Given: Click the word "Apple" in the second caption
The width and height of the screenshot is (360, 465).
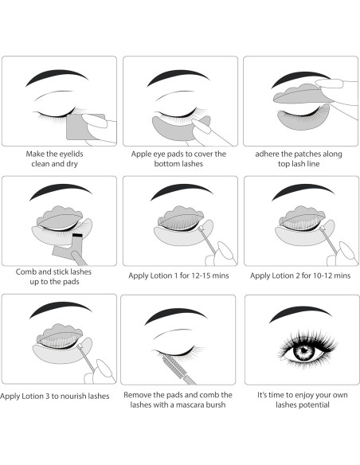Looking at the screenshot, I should coord(142,154).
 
